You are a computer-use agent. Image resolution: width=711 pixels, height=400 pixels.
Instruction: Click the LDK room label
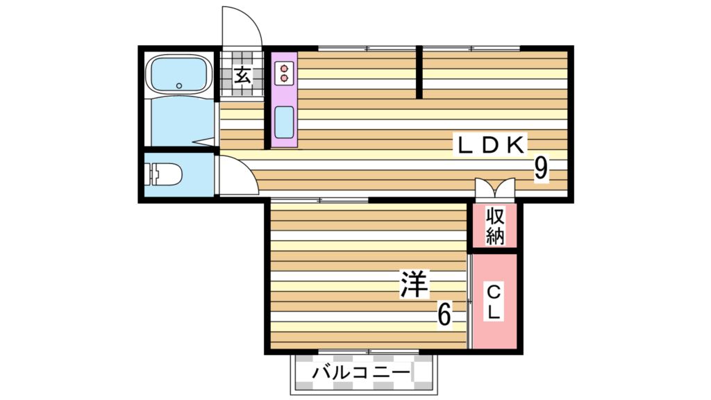click(490, 144)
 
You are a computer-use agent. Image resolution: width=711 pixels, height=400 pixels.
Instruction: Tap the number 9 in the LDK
click(542, 169)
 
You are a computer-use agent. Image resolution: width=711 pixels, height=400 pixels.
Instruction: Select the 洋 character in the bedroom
click(415, 285)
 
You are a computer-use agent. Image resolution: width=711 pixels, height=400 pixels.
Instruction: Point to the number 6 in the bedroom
click(444, 315)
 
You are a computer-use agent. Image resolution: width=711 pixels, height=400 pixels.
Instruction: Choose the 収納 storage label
click(494, 226)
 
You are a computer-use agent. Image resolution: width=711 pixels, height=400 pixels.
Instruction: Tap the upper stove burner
click(285, 67)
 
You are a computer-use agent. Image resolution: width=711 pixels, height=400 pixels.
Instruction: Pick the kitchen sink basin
click(284, 124)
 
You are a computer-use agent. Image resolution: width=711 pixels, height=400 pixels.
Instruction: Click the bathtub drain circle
click(179, 85)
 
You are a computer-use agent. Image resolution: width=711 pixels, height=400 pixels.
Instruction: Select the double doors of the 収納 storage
click(495, 189)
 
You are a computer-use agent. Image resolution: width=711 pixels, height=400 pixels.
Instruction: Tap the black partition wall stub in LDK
click(419, 72)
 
